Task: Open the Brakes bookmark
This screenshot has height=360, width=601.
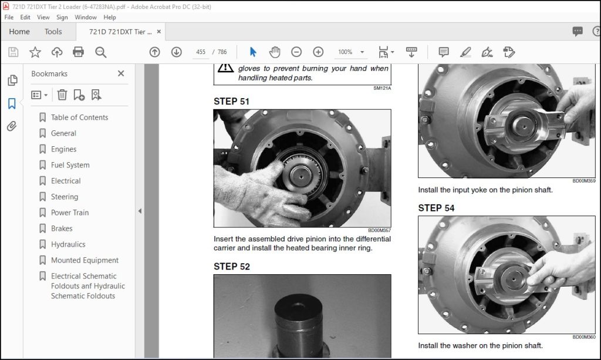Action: click(61, 228)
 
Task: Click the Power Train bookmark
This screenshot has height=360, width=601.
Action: click(70, 213)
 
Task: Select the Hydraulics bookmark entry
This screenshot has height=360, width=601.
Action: click(68, 244)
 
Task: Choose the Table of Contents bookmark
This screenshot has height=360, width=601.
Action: click(79, 117)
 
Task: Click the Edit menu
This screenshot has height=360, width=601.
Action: click(25, 17)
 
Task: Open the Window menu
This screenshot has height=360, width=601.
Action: click(86, 17)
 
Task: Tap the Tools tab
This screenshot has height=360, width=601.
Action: click(53, 32)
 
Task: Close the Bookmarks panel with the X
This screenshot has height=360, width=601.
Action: click(121, 73)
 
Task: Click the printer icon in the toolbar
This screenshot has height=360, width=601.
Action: click(78, 52)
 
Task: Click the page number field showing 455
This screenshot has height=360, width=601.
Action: click(201, 52)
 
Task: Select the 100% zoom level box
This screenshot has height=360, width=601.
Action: click(345, 52)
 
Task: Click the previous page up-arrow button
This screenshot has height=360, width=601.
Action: click(154, 52)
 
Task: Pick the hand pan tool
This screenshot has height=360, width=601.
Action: click(275, 52)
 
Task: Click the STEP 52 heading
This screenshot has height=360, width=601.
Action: click(231, 267)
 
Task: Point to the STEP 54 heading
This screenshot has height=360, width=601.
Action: click(436, 208)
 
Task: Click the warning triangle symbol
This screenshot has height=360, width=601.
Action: click(225, 68)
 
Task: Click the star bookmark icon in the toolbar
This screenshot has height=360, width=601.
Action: click(35, 52)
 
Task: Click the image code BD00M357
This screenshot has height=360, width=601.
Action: click(380, 230)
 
